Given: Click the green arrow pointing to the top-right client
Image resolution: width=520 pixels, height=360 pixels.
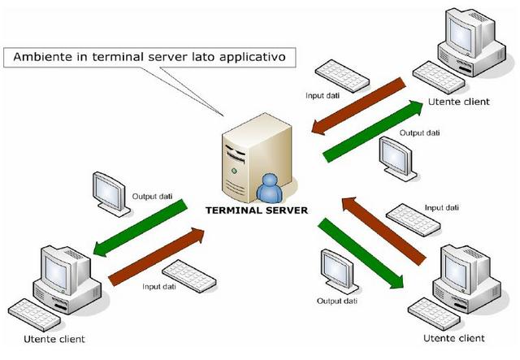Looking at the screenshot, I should point(373,131).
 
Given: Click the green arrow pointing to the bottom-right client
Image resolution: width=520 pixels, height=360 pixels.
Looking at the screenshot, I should point(361,252).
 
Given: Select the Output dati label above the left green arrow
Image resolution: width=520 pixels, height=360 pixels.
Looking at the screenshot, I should point(152,196).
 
